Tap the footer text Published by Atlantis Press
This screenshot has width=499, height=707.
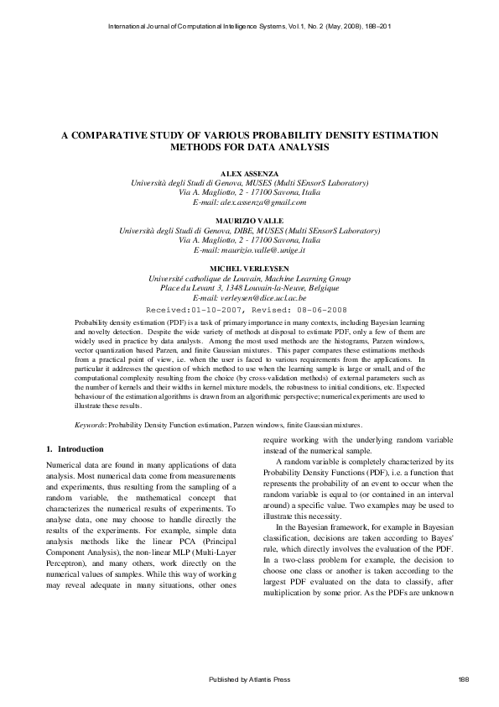pyautogui.click(x=249, y=678)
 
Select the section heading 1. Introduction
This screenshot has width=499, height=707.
pyautogui.click(x=75, y=449)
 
